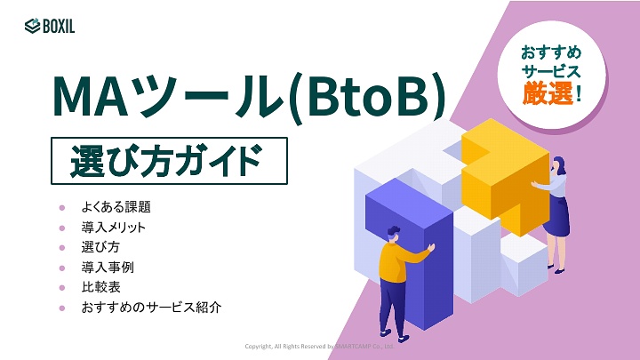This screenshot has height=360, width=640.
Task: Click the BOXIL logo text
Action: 59,26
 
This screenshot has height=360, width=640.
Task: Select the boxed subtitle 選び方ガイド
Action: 168,161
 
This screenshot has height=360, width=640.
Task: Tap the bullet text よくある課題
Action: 116,206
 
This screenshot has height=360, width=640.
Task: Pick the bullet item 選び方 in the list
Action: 101,247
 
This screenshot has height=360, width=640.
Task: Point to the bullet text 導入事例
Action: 108,267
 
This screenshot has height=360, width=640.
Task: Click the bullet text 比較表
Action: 101,287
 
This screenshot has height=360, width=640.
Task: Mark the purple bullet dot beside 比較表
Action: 62,287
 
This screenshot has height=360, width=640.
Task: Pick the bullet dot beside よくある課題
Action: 62,206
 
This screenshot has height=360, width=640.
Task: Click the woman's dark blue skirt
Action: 556,217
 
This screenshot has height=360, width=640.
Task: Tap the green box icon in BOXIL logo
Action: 32,26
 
